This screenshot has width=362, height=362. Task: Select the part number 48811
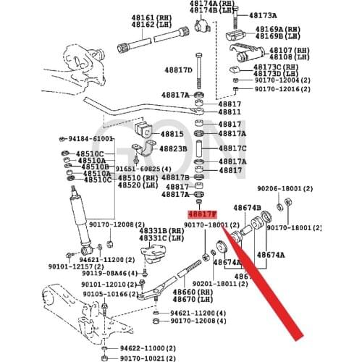231,113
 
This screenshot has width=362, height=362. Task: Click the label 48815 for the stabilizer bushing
172,134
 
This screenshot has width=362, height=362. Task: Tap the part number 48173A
263,15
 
